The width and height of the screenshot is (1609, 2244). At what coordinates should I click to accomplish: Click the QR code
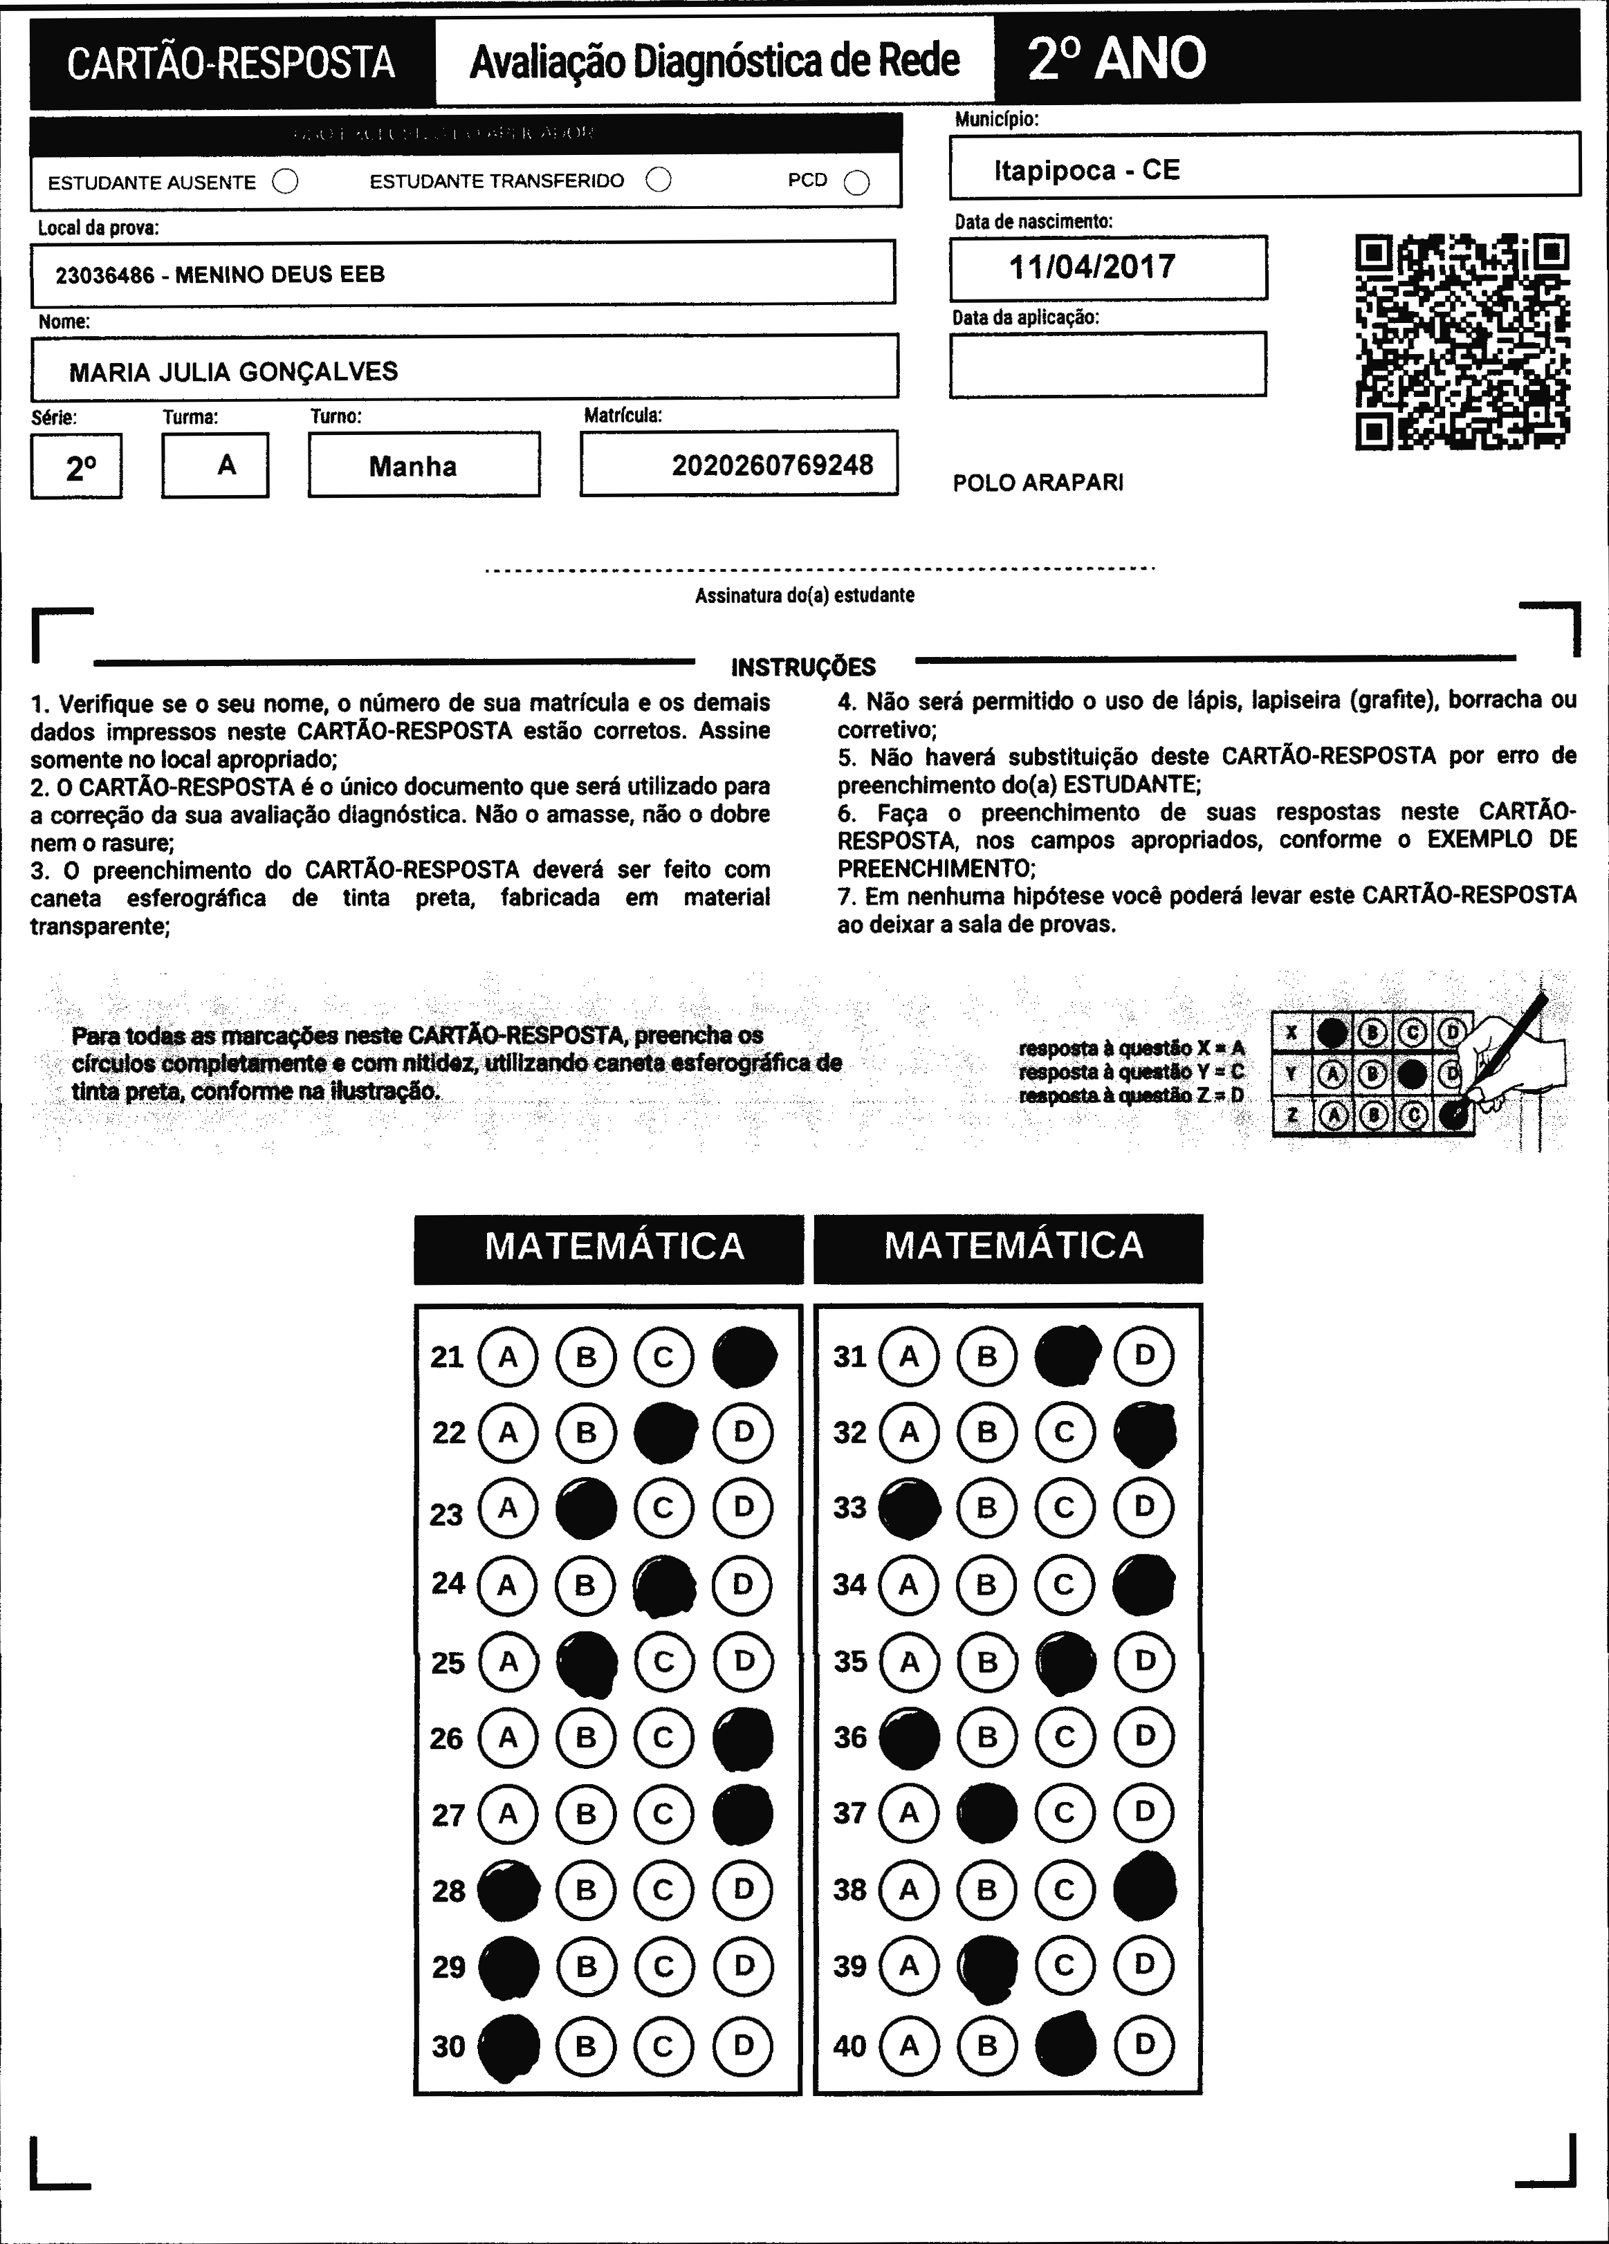[1462, 342]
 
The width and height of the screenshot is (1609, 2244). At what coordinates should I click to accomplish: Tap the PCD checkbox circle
[857, 183]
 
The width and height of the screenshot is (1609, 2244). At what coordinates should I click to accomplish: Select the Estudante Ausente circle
[285, 181]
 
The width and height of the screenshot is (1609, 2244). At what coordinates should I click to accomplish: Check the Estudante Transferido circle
[658, 179]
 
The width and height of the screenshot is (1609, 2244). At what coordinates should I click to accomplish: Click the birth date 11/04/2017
[1092, 267]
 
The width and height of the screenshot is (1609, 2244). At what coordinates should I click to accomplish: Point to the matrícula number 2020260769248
[772, 465]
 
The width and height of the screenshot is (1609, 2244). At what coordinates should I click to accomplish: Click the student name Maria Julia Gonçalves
[234, 372]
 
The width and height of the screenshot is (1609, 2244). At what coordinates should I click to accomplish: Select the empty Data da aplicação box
[1107, 364]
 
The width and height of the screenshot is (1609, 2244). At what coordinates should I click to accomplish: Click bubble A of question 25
[508, 1661]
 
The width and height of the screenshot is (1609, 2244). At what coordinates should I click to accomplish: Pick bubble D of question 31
[1144, 1355]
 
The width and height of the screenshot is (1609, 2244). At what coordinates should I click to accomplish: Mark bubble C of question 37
[1065, 1812]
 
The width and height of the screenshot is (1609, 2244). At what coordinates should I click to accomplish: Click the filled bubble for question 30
[508, 2045]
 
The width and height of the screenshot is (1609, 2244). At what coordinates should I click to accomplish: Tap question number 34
[849, 1585]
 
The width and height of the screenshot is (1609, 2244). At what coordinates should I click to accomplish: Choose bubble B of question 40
[986, 2044]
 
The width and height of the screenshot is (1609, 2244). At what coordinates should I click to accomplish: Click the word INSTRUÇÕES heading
[804, 667]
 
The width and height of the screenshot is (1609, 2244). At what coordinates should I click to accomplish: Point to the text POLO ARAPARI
[1038, 483]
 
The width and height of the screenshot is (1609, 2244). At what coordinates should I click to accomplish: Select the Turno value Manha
[413, 466]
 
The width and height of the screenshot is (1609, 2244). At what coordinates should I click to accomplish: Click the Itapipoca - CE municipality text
[1087, 170]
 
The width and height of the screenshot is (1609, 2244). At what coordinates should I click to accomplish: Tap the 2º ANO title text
[1116, 59]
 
